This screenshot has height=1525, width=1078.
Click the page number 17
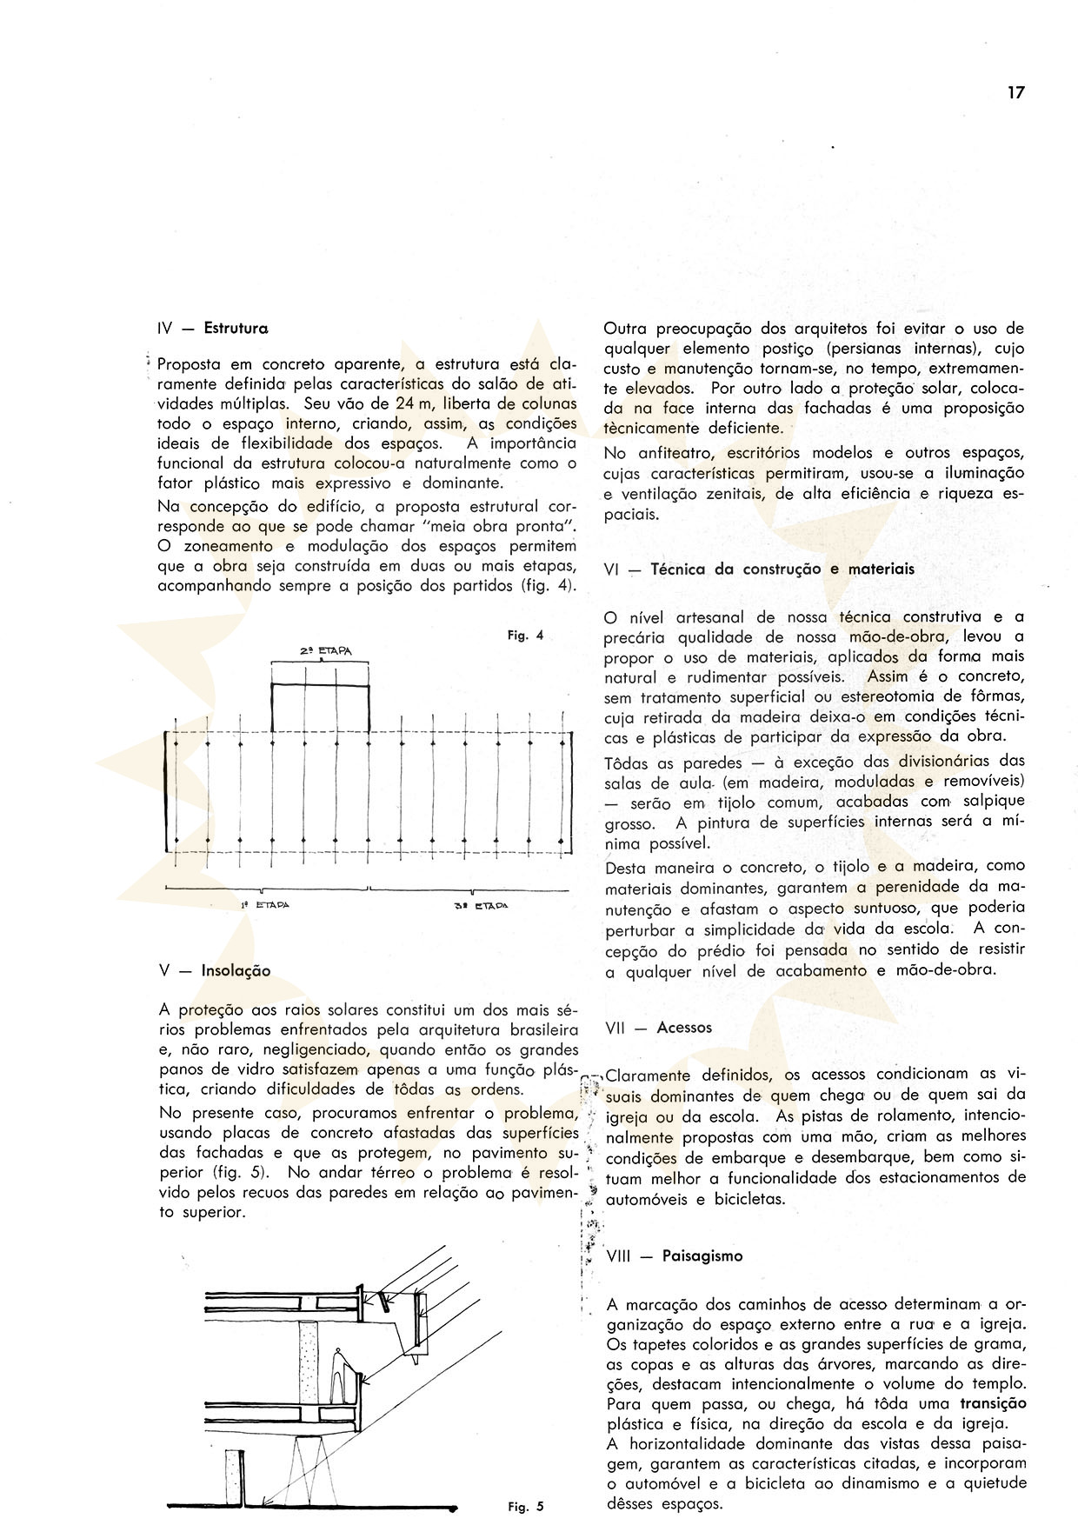(1015, 93)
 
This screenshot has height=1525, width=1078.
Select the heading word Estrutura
(236, 329)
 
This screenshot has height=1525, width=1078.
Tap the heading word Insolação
(236, 970)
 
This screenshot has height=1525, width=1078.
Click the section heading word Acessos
(684, 1027)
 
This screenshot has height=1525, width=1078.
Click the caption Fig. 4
(525, 636)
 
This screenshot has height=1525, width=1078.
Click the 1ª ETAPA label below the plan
(265, 904)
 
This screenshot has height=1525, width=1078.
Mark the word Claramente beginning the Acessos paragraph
(648, 1075)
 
